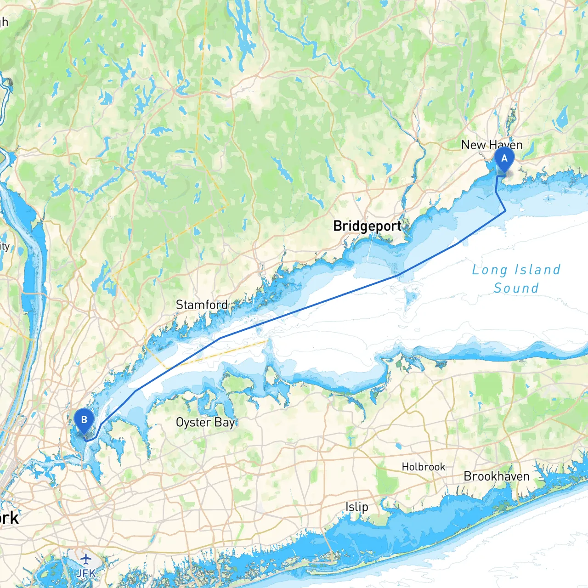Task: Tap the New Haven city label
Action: pos(492,145)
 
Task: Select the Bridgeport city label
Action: pos(367,226)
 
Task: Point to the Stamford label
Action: pos(202,305)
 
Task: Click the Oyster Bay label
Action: pos(205,422)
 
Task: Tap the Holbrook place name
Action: pos(423,467)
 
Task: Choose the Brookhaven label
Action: pos(497,476)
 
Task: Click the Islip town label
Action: pos(356,507)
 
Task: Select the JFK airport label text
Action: pos(86,573)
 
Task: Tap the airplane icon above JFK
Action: pos(86,559)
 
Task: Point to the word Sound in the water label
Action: pos(516,288)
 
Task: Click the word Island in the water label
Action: pos(537,270)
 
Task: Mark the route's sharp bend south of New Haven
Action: pos(505,211)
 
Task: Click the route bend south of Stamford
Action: pos(220,338)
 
